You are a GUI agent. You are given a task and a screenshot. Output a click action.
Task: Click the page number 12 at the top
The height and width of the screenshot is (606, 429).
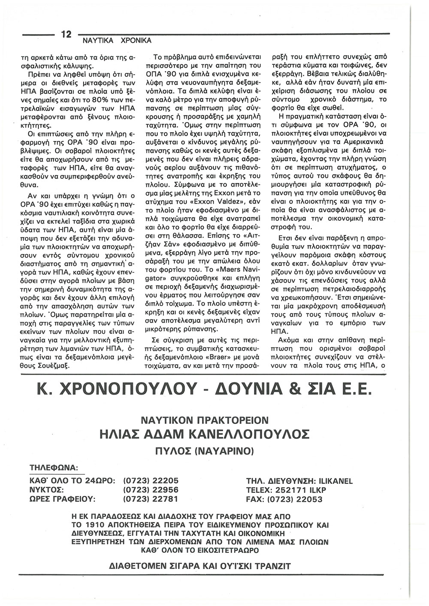(x=66, y=35)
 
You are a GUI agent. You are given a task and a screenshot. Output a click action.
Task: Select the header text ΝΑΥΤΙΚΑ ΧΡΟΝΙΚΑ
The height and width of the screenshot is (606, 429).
(x=114, y=41)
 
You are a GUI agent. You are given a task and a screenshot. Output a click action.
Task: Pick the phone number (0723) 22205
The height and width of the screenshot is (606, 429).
(x=151, y=481)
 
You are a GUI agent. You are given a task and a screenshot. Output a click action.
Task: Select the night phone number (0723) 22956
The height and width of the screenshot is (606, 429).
(x=151, y=490)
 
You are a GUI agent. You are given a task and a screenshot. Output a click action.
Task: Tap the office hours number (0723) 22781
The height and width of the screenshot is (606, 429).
(x=151, y=499)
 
